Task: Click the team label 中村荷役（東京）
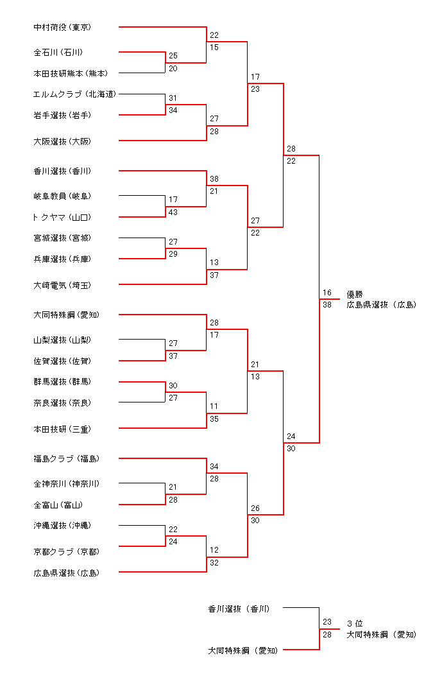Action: (x=62, y=28)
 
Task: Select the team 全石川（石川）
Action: (x=58, y=52)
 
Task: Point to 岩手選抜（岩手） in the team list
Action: (x=62, y=115)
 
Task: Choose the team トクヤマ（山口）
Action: (x=62, y=218)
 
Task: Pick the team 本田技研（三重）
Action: (x=62, y=428)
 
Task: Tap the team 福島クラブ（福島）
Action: (x=66, y=459)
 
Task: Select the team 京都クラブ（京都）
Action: (x=66, y=551)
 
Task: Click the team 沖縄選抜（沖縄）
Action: (x=62, y=526)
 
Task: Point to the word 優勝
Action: (x=355, y=294)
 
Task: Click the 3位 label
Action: (x=355, y=623)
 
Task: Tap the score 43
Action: (x=173, y=212)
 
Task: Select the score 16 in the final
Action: (x=327, y=293)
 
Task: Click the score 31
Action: (x=173, y=98)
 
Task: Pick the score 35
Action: (x=214, y=419)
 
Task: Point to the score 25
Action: (x=173, y=56)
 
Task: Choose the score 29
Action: (x=173, y=254)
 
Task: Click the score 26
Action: (x=255, y=508)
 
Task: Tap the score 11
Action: (x=214, y=406)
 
